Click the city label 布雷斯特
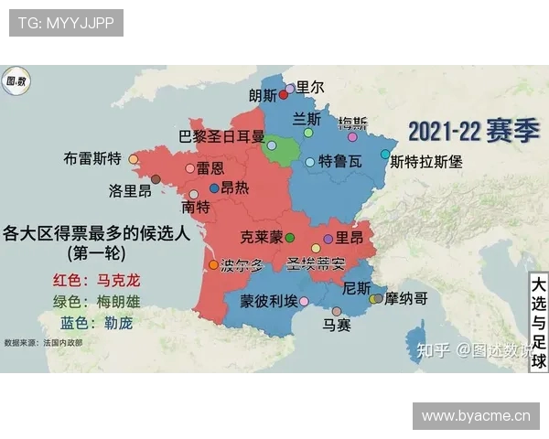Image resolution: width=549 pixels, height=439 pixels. pyautogui.click(x=92, y=157)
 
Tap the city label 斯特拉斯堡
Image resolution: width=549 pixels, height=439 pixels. pyautogui.click(x=426, y=162)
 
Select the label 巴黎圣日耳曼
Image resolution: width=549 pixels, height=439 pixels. pyautogui.click(x=221, y=136)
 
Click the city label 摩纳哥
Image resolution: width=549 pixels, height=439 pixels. pyautogui.click(x=406, y=298)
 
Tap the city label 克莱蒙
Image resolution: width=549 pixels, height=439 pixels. pyautogui.click(x=261, y=237)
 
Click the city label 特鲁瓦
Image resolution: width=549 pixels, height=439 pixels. pyautogui.click(x=339, y=162)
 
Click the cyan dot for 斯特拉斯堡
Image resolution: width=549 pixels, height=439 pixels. pyautogui.click(x=385, y=155)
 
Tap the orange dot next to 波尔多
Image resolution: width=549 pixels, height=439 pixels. pyautogui.click(x=214, y=265)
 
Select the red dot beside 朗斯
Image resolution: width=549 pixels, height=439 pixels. pyautogui.click(x=284, y=94)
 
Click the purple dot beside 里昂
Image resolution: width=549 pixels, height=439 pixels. pyautogui.click(x=328, y=238)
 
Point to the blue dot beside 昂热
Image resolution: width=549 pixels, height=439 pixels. pyautogui.click(x=214, y=188)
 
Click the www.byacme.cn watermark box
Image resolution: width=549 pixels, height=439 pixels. pyautogui.click(x=476, y=416)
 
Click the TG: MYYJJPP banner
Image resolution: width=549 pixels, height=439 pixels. pyautogui.click(x=66, y=23)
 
